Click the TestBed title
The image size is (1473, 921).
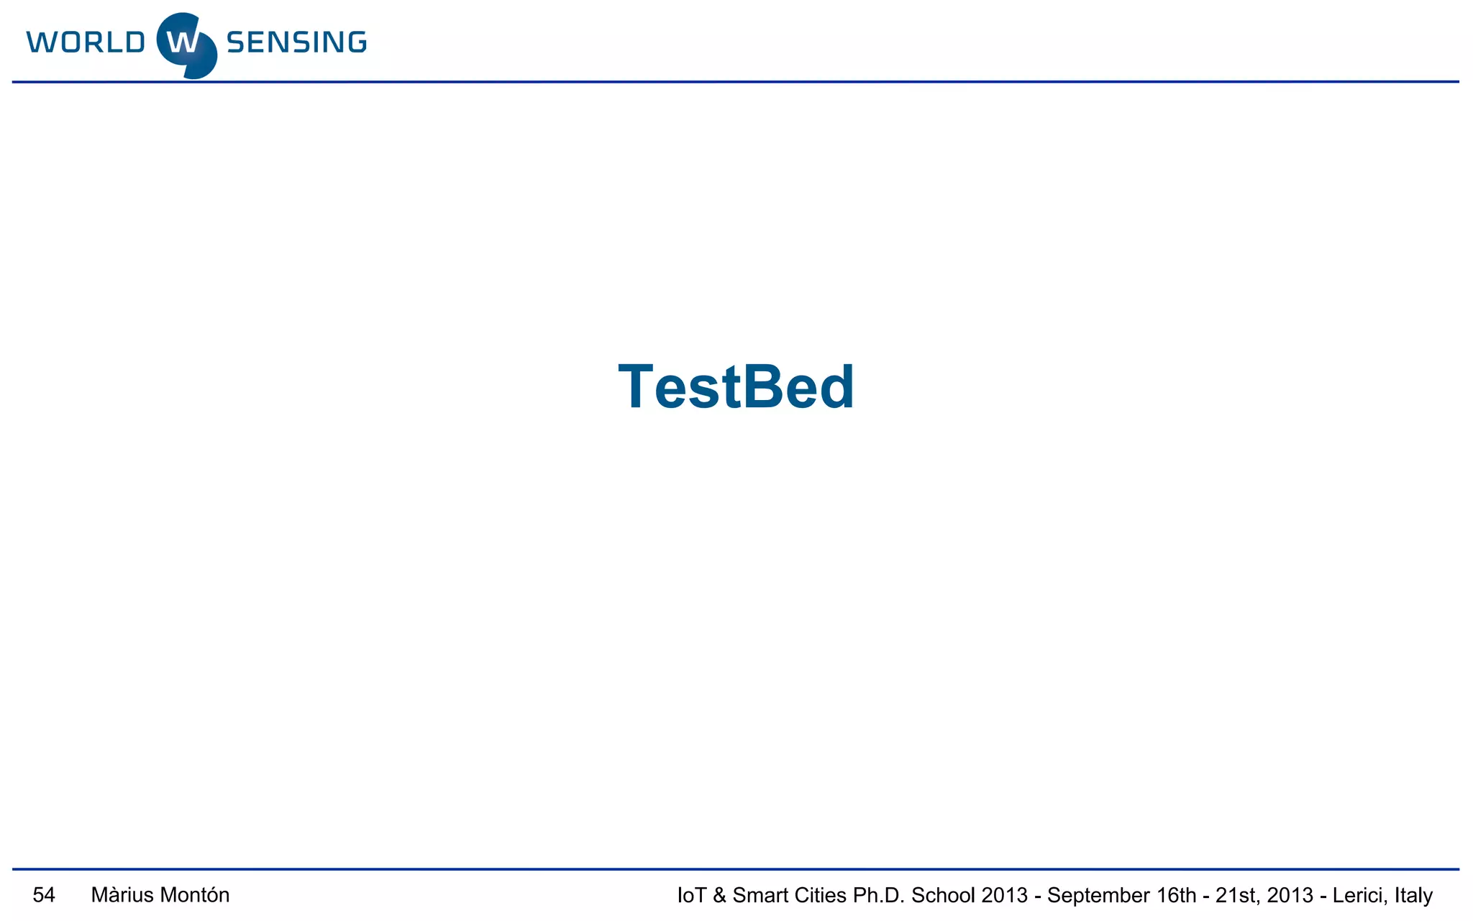[736, 387]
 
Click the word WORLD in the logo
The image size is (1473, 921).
[86, 42]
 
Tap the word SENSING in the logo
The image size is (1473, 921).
[296, 42]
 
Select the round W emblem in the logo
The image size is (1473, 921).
[186, 45]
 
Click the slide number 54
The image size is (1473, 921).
[44, 895]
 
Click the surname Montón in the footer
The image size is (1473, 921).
[194, 895]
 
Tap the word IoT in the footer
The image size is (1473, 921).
[691, 895]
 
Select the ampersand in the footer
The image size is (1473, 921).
[719, 895]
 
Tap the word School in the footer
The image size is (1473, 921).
[943, 895]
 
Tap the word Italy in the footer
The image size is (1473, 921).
[1413, 896]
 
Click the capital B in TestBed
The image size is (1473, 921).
[764, 387]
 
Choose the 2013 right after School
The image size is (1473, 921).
[1004, 895]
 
